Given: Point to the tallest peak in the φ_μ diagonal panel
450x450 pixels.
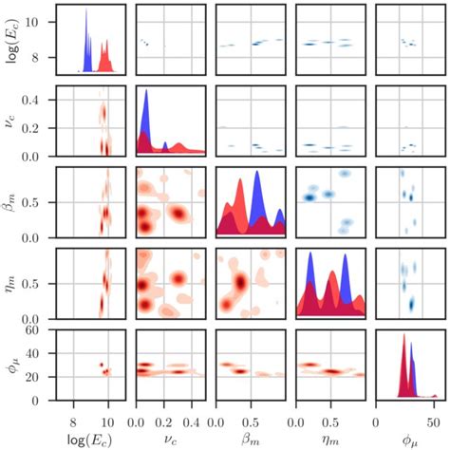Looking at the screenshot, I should coord(403,336).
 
